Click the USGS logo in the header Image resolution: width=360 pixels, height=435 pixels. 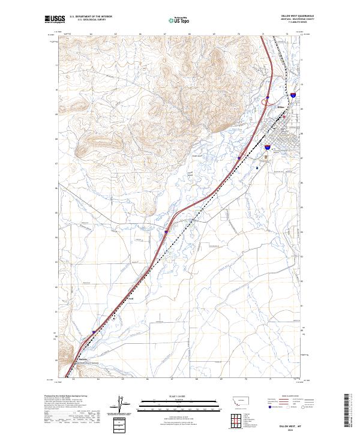pos(53,20)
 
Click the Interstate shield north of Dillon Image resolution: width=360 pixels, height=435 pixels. pos(293,95)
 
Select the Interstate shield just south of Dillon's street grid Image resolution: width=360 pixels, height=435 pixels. pos(267,146)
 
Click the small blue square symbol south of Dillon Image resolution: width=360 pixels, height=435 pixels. pos(257,169)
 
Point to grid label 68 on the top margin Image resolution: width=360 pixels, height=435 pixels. pos(189,34)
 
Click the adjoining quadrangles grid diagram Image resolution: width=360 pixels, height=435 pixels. pos(240,419)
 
